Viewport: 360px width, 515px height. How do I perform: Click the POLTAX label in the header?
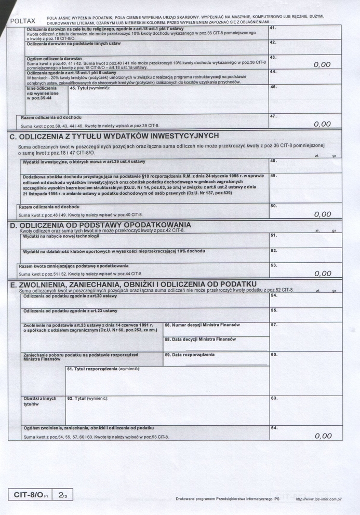pos(23,21)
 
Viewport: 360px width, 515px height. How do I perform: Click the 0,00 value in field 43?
pos(322,64)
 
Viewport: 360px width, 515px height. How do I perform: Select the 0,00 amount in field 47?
pos(322,124)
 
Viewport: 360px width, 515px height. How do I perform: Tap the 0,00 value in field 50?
pos(322,214)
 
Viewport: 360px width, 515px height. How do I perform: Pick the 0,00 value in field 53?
pos(322,273)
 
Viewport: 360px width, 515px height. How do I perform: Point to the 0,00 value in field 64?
pos(322,436)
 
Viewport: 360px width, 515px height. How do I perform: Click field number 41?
pos(273,28)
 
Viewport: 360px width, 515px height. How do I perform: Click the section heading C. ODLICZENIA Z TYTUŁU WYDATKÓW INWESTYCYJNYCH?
pos(114,137)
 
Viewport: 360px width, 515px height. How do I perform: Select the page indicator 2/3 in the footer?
pos(63,496)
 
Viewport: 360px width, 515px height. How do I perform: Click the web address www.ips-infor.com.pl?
pos(318,499)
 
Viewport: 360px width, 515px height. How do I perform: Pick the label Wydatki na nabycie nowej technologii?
pos(61,236)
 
